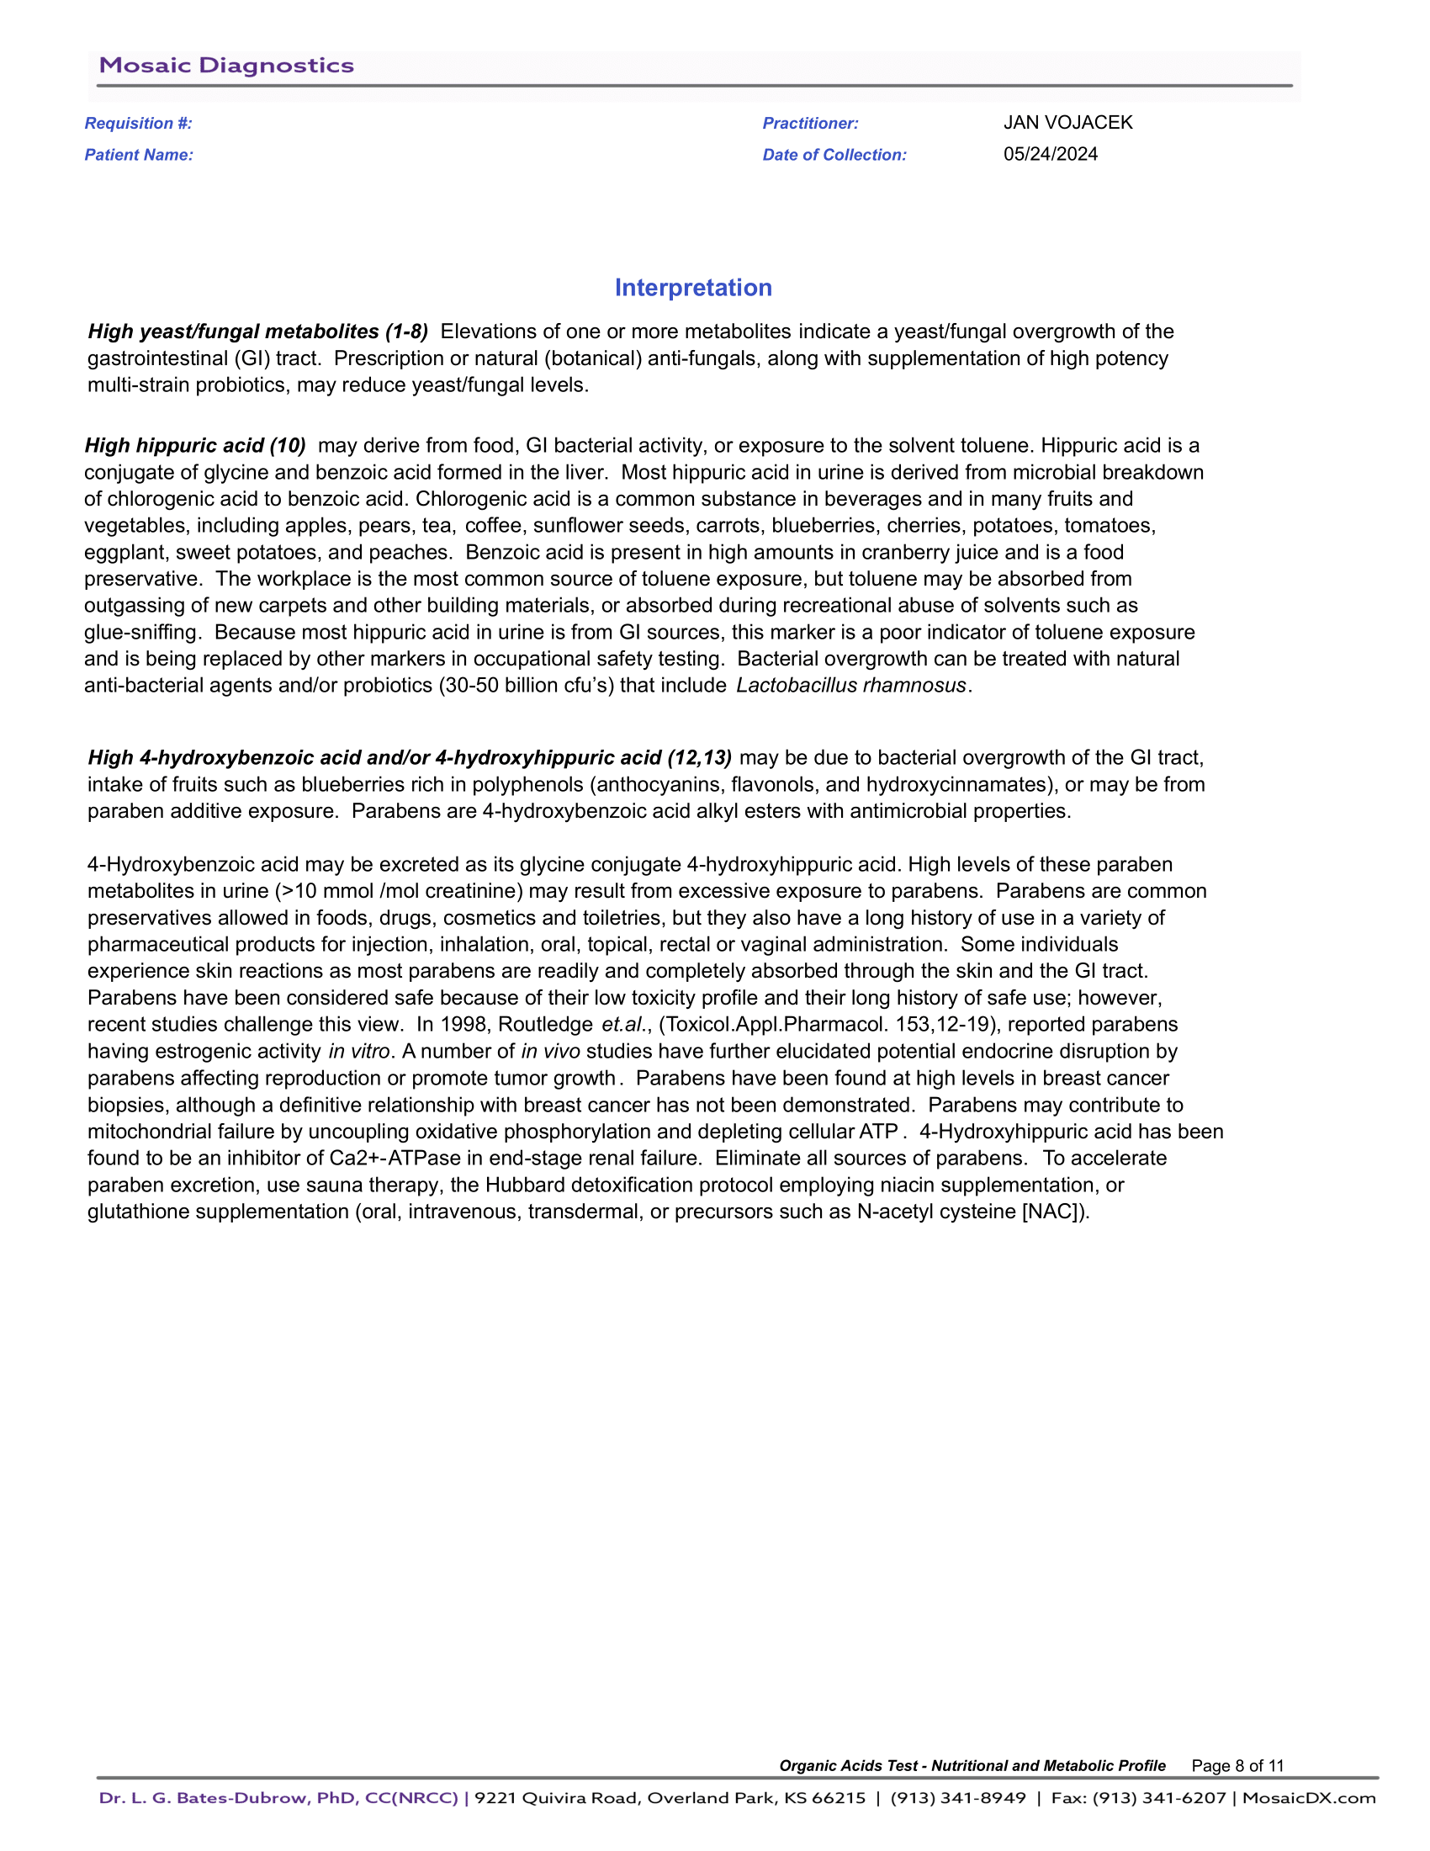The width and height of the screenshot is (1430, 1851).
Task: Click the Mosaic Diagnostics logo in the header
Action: [226, 66]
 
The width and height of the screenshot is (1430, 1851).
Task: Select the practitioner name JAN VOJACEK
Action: [1067, 123]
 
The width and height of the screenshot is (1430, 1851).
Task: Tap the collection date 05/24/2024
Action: [1051, 154]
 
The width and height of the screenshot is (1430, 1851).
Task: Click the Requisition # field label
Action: [138, 124]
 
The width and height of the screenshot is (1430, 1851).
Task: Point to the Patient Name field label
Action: [139, 155]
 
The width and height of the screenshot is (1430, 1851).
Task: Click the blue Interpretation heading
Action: [693, 288]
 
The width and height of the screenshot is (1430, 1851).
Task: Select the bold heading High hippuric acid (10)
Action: [195, 446]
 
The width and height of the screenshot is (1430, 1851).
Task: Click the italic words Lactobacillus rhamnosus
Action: [850, 686]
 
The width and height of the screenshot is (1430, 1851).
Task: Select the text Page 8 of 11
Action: [1237, 1766]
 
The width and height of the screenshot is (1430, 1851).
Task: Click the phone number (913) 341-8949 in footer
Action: [957, 1799]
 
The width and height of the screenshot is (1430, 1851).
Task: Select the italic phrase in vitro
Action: [359, 1052]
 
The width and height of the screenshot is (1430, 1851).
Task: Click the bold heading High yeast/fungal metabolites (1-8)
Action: [257, 331]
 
